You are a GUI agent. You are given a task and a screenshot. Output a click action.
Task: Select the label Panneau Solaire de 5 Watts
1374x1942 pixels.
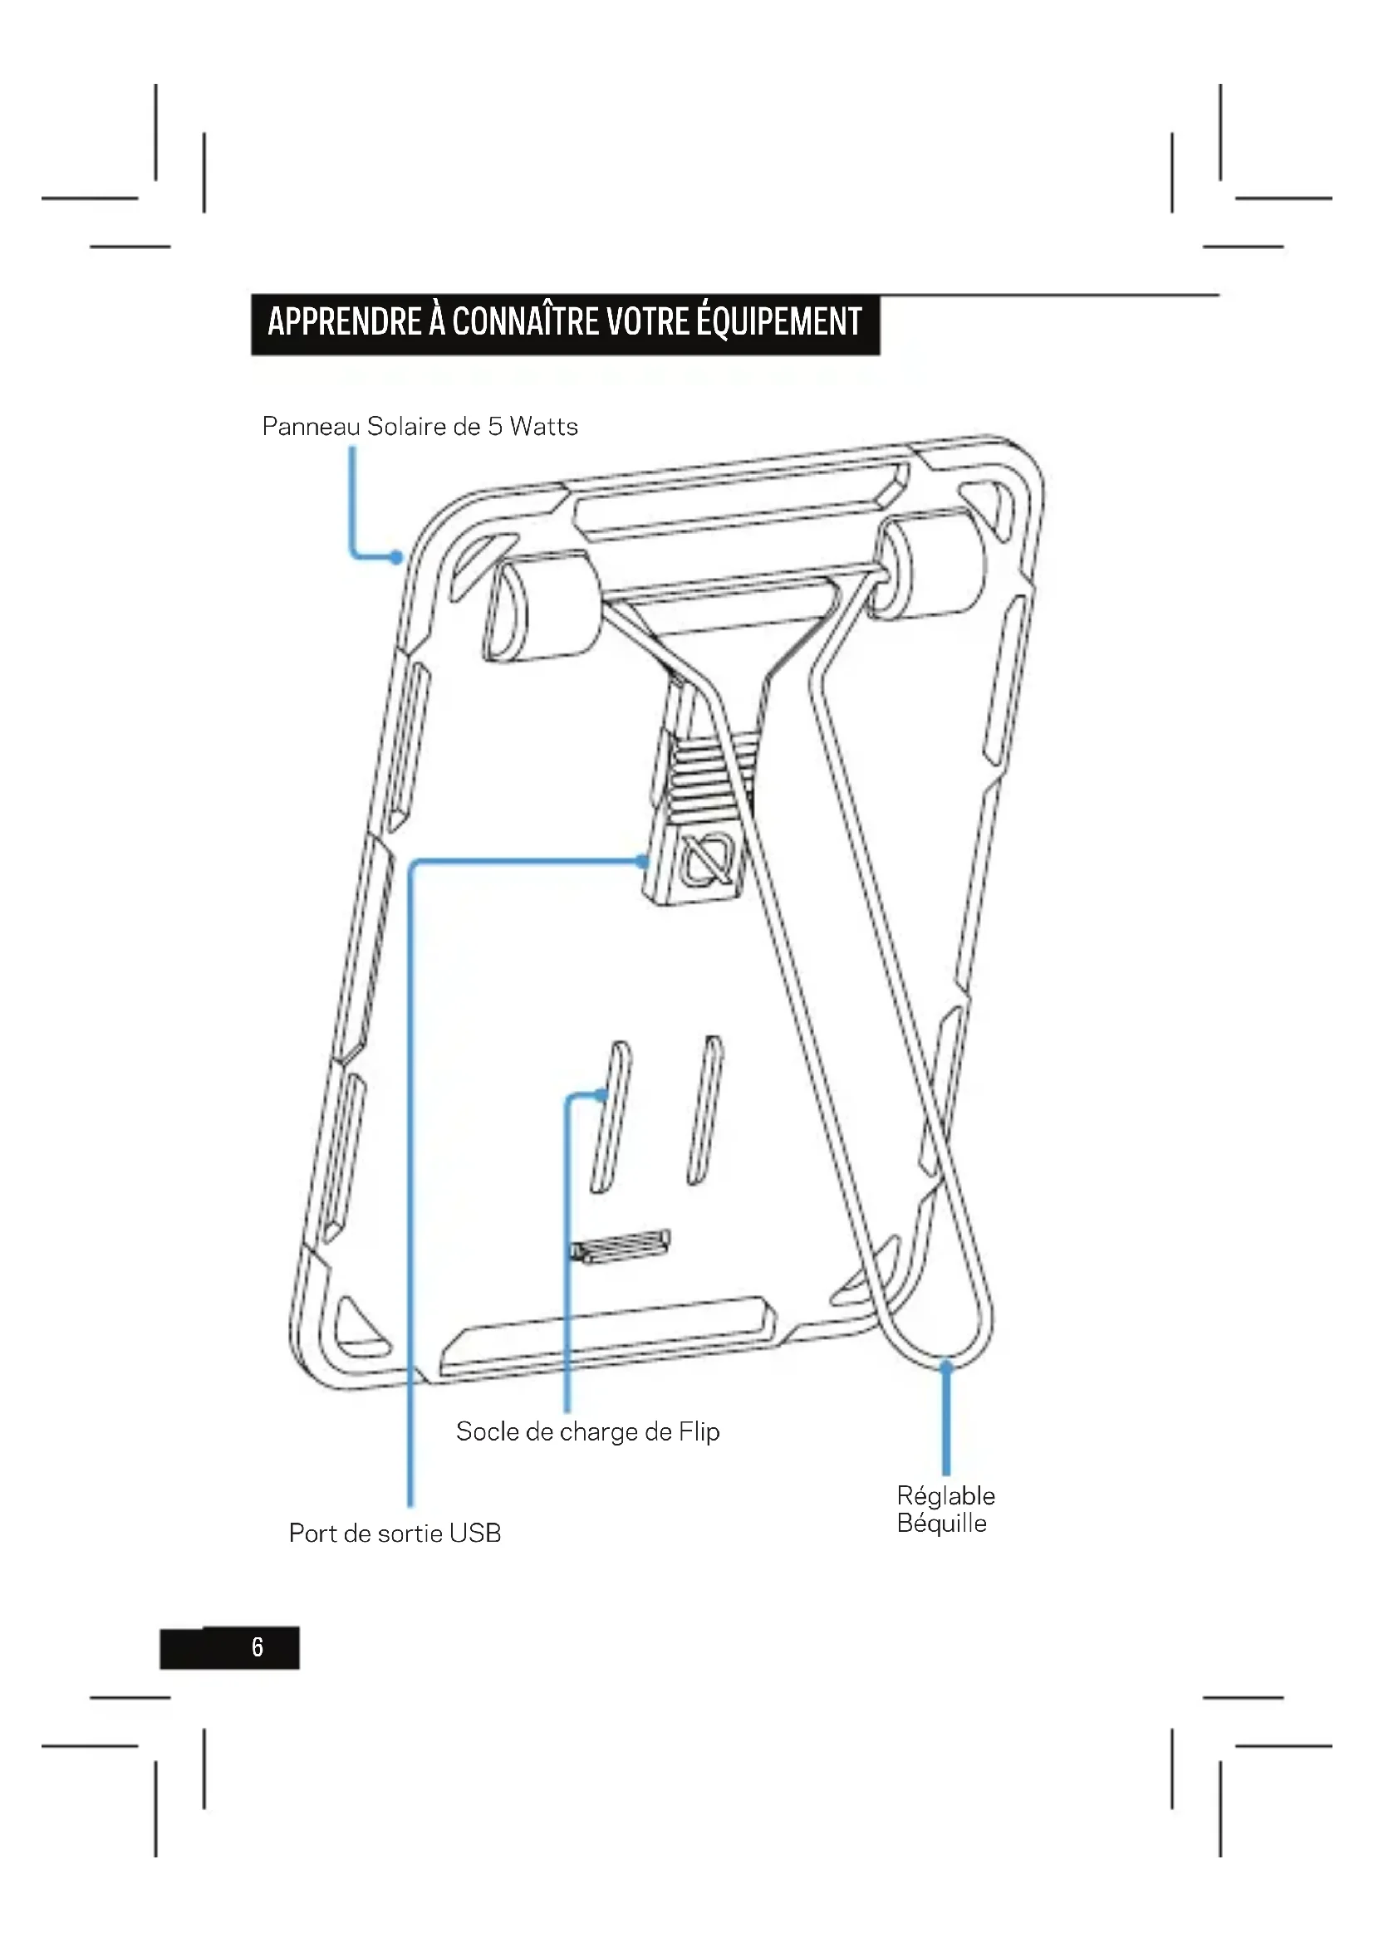point(420,426)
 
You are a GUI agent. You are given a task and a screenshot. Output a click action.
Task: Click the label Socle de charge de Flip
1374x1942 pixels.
point(588,1431)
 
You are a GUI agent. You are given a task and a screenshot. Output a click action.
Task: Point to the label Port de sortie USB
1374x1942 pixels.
point(395,1533)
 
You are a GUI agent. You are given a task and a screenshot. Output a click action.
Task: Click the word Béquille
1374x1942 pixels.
point(942,1524)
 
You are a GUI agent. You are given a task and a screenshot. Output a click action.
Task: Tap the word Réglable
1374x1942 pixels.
point(946,1495)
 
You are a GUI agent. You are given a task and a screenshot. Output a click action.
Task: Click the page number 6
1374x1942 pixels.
point(258,1646)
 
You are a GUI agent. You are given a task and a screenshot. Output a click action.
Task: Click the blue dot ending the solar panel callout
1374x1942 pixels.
point(396,557)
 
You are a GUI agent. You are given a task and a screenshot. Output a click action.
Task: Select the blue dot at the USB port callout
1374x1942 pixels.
point(642,862)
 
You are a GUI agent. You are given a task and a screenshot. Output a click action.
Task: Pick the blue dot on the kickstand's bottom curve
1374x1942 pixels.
point(946,1363)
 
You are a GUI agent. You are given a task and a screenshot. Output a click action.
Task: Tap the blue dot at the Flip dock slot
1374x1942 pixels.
point(601,1096)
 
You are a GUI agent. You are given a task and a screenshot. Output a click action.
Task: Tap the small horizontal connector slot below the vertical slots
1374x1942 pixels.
point(621,1246)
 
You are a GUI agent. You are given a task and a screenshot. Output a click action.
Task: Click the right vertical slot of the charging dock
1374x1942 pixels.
point(704,1110)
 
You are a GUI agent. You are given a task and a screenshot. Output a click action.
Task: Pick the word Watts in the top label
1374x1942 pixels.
point(543,426)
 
